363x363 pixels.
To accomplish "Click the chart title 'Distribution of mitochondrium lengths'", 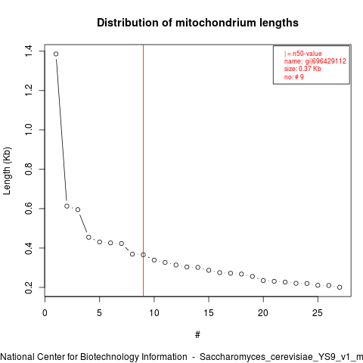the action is [x=197, y=23].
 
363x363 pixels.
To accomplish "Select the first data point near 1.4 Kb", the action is [x=56, y=54].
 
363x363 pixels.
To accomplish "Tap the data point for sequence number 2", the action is [x=67, y=206].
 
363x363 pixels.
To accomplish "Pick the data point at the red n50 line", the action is [x=143, y=255].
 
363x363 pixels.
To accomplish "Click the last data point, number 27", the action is [x=340, y=287].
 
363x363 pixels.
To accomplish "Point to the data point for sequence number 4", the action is [x=88, y=237].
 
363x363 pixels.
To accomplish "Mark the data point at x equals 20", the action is [x=263, y=281].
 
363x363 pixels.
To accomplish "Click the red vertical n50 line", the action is [x=143, y=170].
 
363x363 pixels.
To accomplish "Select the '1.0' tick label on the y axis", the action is [x=29, y=129].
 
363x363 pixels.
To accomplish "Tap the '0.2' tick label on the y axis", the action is [x=29, y=287].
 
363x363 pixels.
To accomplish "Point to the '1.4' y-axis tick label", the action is [x=29, y=51].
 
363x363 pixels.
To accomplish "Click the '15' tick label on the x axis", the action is [x=209, y=313].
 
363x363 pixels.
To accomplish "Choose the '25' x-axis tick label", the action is [x=318, y=313].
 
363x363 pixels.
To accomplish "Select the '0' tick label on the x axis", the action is [x=45, y=313].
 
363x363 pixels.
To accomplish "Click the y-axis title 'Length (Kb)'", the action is [x=7, y=171].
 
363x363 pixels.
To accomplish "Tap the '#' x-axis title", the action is [x=197, y=335].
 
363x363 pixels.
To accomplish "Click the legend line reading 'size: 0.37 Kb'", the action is [x=302, y=69].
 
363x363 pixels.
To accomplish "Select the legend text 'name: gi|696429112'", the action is [x=315, y=61].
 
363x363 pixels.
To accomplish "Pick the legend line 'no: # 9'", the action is [x=294, y=77].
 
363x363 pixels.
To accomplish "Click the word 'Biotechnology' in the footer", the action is [x=134, y=357].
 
